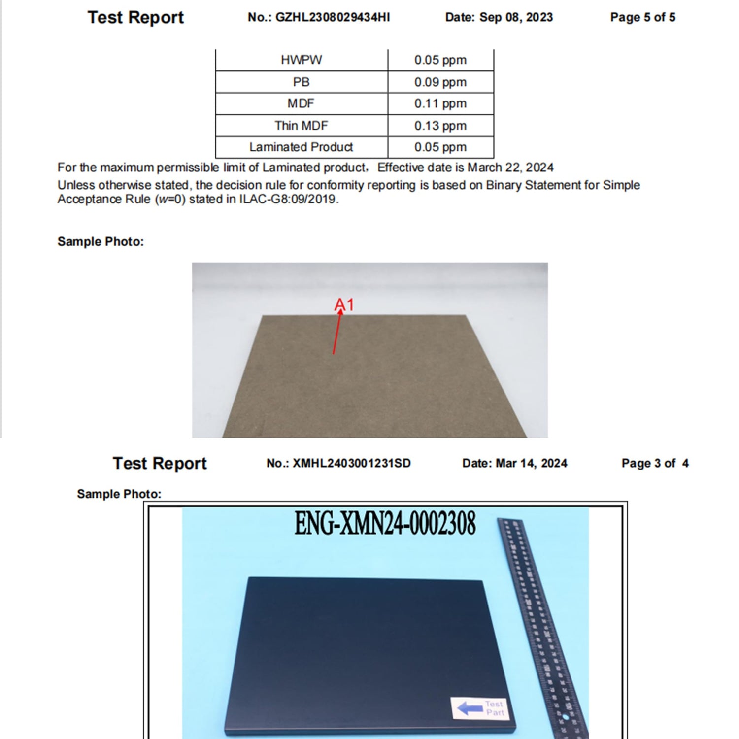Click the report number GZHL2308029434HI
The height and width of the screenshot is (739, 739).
tap(332, 17)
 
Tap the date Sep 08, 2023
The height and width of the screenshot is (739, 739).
tap(516, 17)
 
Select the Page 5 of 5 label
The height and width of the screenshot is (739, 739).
tap(642, 17)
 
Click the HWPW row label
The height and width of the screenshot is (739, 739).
tap(301, 60)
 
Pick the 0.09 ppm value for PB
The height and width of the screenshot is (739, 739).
tap(440, 82)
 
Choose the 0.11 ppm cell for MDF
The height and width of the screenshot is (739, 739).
tap(440, 103)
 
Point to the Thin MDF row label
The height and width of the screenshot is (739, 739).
tap(301, 126)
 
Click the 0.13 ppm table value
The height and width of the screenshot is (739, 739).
tap(440, 126)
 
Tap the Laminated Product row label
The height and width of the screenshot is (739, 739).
tap(301, 147)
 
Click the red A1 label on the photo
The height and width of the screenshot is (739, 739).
tap(344, 304)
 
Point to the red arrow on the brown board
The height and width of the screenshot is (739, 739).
tap(337, 333)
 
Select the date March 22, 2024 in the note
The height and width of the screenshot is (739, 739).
tap(510, 168)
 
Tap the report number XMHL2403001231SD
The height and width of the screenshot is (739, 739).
tap(351, 463)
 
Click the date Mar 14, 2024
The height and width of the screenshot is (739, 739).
tap(531, 463)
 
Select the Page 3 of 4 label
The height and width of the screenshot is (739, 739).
tap(655, 463)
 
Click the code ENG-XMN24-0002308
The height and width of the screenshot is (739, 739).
tap(385, 523)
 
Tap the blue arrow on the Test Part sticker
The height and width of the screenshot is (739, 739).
tap(470, 708)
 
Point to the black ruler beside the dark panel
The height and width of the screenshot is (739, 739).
tap(541, 626)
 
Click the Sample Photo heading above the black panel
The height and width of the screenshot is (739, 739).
tap(119, 494)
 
